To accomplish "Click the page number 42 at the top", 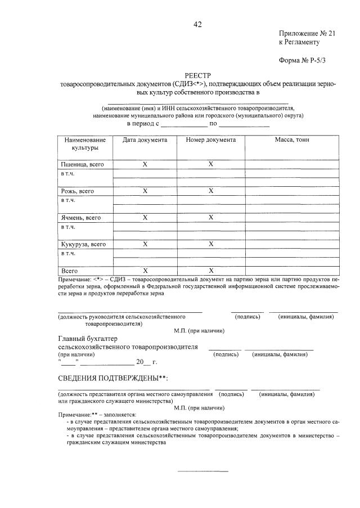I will point(197,24).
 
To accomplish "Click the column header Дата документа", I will point(145,140).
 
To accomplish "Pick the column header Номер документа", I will point(210,140).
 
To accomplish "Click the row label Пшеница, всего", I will point(82,164).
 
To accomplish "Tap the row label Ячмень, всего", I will point(81,218).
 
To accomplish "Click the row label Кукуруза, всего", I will point(83,244).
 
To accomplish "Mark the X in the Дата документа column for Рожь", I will point(145,191).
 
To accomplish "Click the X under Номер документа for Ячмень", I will point(210,218).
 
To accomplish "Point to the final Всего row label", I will point(70,271).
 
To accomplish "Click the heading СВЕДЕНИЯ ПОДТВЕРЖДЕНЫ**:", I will point(113,377).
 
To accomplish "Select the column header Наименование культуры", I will point(85,143).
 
